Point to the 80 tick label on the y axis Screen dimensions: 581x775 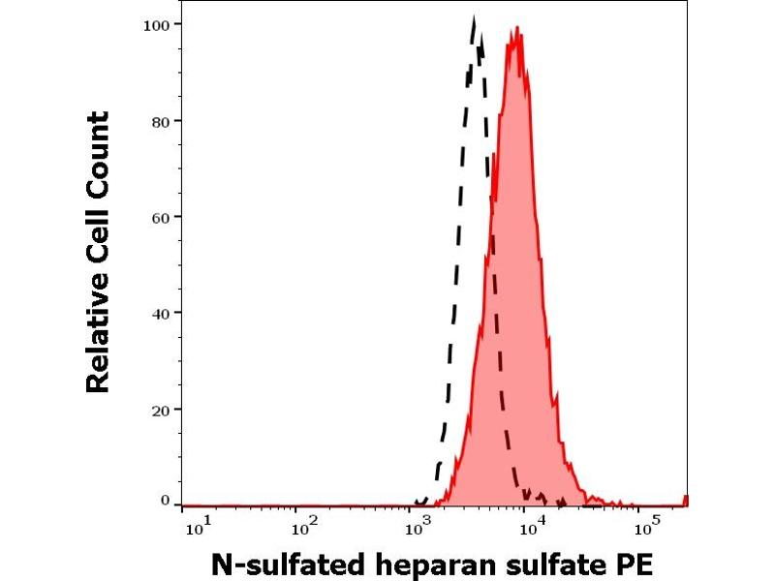pyautogui.click(x=163, y=121)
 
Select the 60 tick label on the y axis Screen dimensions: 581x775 pyautogui.click(x=163, y=217)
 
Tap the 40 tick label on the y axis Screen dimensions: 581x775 pyautogui.click(x=163, y=313)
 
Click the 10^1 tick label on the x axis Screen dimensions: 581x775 pyautogui.click(x=194, y=527)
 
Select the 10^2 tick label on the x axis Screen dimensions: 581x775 pyautogui.click(x=305, y=527)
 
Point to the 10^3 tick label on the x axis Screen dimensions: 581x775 pyautogui.click(x=418, y=527)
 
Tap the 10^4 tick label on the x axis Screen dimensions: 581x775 pyautogui.click(x=529, y=527)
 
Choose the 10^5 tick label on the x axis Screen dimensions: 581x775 pyautogui.click(x=641, y=527)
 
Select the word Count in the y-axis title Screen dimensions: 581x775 pyautogui.click(x=97, y=151)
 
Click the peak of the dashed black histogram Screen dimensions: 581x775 pyautogui.click(x=474, y=18)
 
